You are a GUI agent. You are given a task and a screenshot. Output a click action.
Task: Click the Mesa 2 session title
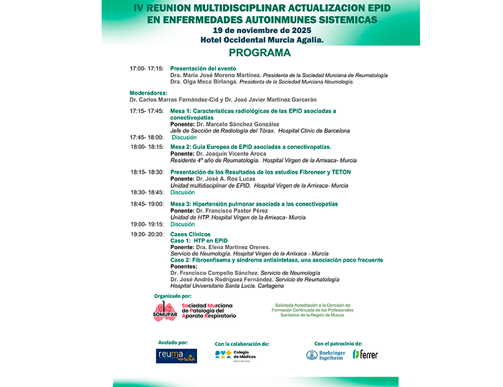click(251, 147)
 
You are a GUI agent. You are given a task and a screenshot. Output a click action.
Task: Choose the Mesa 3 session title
click(254, 204)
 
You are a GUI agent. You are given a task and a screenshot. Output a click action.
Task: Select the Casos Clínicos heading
click(190, 234)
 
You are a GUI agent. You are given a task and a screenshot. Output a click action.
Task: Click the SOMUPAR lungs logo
click(165, 310)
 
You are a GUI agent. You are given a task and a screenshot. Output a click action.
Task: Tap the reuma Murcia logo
click(176, 355)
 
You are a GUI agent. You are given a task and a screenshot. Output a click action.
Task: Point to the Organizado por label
click(173, 295)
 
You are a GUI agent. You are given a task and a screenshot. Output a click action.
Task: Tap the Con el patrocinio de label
click(338, 343)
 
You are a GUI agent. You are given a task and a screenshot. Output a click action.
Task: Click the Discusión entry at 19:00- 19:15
click(183, 224)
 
